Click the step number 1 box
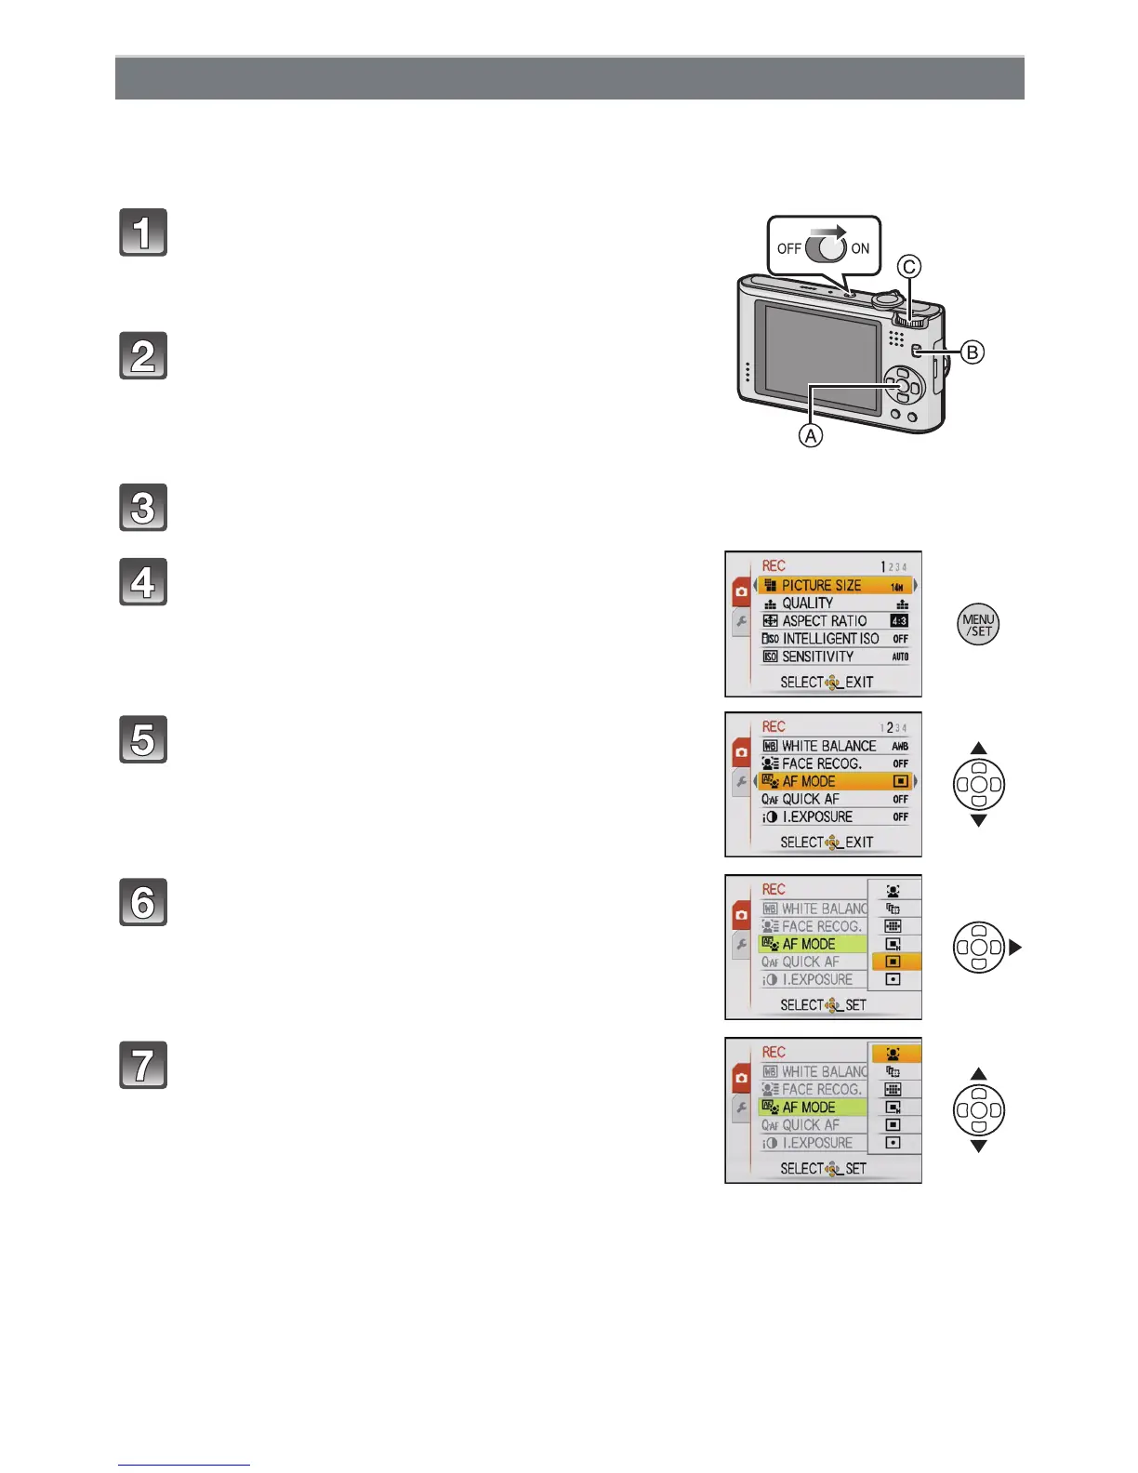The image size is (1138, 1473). (143, 232)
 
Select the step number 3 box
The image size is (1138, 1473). (143, 508)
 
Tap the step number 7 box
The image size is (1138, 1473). (143, 1065)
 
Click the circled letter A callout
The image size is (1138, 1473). (811, 435)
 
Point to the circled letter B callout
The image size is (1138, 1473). (972, 352)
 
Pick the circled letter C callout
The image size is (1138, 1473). (908, 267)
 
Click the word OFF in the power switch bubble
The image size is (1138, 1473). (789, 249)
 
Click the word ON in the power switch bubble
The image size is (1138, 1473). (860, 249)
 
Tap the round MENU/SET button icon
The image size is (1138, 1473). (978, 625)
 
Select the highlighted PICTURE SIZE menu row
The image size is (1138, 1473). (834, 585)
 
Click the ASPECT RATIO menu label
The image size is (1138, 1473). (824, 621)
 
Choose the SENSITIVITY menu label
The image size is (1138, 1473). (817, 657)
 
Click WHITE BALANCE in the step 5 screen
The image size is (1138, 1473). (828, 746)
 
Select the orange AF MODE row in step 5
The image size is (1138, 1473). (834, 781)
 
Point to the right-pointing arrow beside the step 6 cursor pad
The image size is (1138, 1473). (1014, 948)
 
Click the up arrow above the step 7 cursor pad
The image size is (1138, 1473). (978, 1074)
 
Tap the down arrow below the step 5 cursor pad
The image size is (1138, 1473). (978, 821)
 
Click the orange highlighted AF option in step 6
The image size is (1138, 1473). (894, 962)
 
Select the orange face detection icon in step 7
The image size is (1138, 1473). (894, 1054)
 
